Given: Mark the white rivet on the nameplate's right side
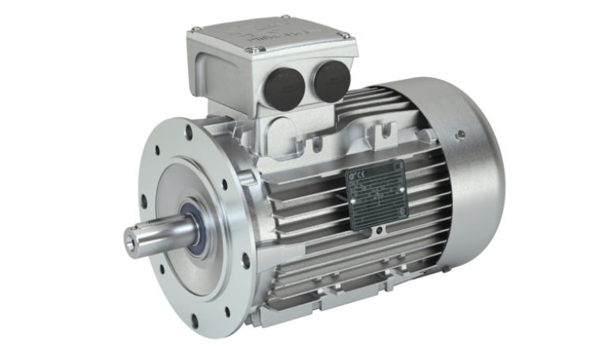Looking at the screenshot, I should pos(401,188).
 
